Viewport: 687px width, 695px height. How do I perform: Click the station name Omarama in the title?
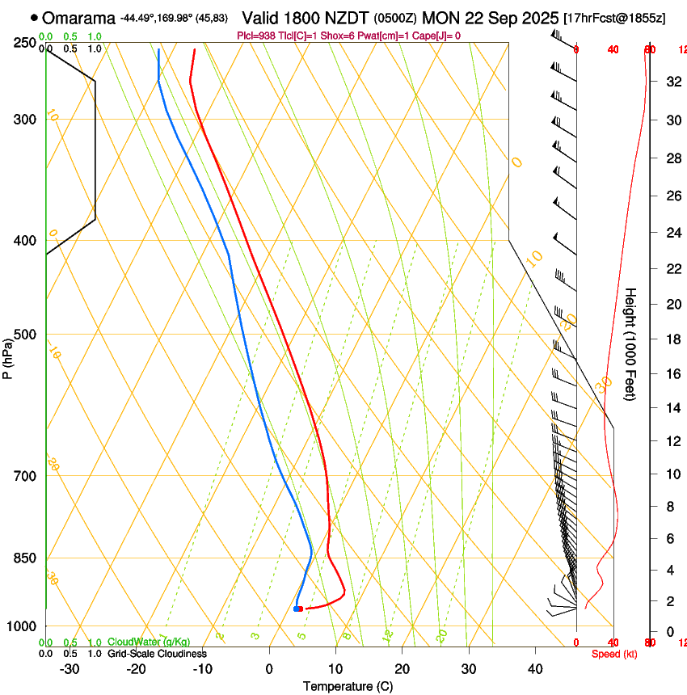pyautogui.click(x=78, y=18)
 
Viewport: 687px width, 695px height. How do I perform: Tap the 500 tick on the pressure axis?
pyautogui.click(x=26, y=335)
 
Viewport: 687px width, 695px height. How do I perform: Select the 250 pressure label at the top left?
pyautogui.click(x=26, y=42)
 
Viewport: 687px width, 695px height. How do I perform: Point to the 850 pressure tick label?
pyautogui.click(x=26, y=558)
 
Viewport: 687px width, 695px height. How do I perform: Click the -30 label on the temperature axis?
pyautogui.click(x=70, y=669)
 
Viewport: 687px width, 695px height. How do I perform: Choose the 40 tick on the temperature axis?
pyautogui.click(x=535, y=669)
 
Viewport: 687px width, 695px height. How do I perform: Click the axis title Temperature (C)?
pyautogui.click(x=348, y=686)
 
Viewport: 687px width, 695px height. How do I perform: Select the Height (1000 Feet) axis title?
pyautogui.click(x=631, y=344)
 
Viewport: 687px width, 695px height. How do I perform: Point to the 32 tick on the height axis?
pyautogui.click(x=672, y=82)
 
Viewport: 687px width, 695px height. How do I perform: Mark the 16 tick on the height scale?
pyautogui.click(x=672, y=373)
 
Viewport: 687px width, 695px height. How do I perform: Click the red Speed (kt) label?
pyautogui.click(x=614, y=654)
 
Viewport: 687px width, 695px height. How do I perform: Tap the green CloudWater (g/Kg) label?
pyautogui.click(x=149, y=642)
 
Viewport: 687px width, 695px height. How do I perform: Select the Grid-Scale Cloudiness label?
pyautogui.click(x=157, y=653)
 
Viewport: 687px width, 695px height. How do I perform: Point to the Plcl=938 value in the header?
pyautogui.click(x=255, y=36)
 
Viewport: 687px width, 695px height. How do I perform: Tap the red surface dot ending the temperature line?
pyautogui.click(x=300, y=609)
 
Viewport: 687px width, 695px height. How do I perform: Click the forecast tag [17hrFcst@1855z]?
pyautogui.click(x=614, y=18)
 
